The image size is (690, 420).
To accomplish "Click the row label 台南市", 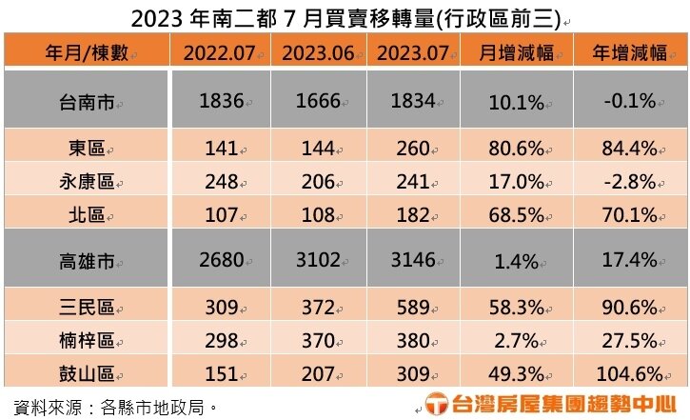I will click(x=84, y=101).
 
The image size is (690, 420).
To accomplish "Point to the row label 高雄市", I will click(x=84, y=259).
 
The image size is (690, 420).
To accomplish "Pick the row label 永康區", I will click(x=84, y=181).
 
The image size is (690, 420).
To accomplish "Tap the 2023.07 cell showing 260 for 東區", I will click(x=413, y=150).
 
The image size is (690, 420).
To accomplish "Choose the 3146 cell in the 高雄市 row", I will click(x=413, y=259).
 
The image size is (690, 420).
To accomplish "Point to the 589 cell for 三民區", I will click(x=413, y=308).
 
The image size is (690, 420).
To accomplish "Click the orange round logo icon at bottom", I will click(x=437, y=404).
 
